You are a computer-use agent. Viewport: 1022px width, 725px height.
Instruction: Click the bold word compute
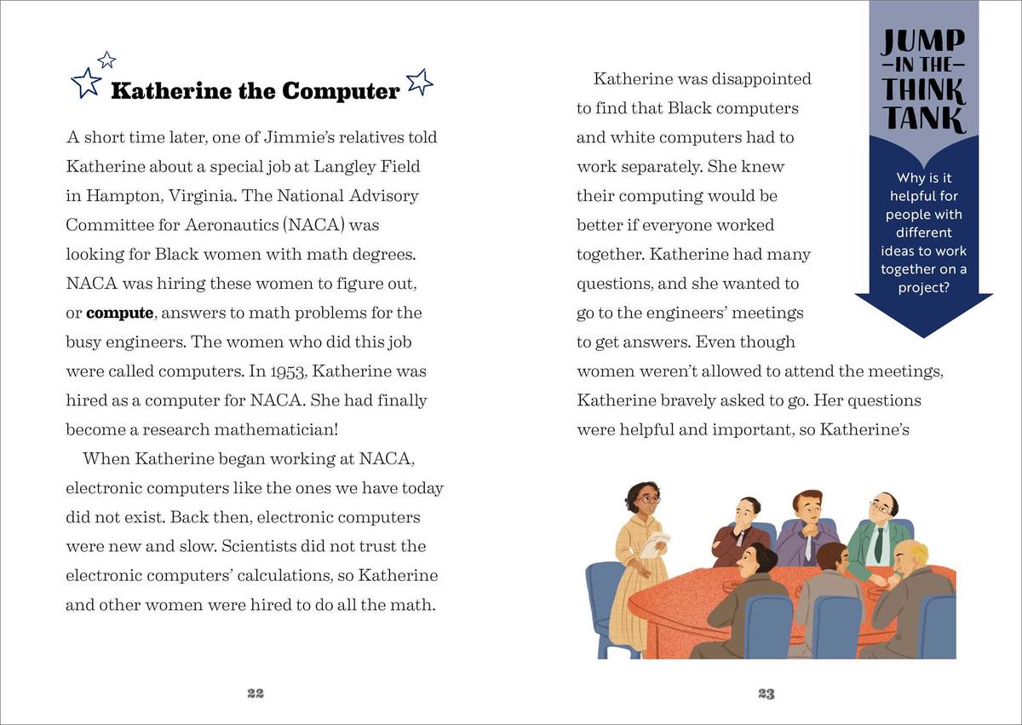coord(119,313)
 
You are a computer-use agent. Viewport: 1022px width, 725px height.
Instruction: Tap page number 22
coord(255,693)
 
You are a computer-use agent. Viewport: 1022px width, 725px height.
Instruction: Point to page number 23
coord(766,693)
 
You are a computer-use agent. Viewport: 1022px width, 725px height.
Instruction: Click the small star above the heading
coord(106,60)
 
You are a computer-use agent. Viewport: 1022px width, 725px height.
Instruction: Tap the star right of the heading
coord(420,82)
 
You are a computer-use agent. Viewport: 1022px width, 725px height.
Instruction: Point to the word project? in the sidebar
coord(924,288)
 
